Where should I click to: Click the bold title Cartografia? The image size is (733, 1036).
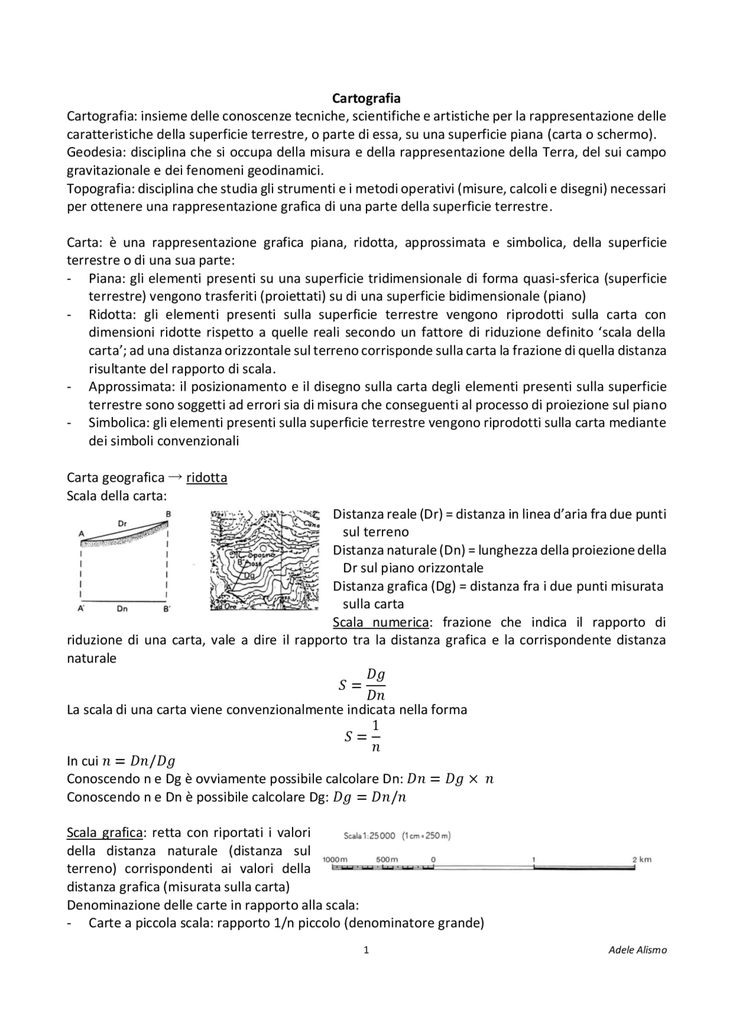(x=366, y=98)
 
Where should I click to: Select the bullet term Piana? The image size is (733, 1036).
(x=106, y=279)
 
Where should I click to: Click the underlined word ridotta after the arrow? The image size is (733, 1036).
(x=207, y=477)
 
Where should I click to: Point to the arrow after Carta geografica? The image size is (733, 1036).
(x=176, y=477)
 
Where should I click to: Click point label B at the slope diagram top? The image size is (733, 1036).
(x=168, y=514)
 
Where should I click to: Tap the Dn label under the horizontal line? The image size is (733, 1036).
(x=122, y=609)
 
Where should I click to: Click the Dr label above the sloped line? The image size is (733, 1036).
(x=122, y=523)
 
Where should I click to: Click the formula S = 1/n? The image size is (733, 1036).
(x=362, y=736)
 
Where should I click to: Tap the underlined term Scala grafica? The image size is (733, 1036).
(x=104, y=832)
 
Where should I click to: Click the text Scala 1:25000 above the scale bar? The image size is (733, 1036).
(x=369, y=836)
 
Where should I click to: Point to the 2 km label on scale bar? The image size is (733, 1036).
(x=641, y=859)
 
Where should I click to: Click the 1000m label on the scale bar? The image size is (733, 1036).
(x=335, y=859)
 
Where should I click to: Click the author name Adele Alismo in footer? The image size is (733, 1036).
(x=637, y=950)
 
